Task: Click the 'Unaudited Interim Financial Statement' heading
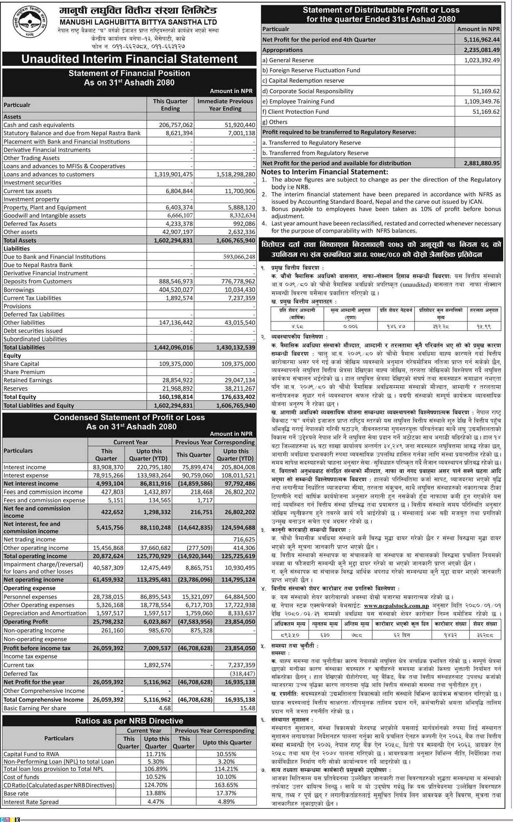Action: point(129,59)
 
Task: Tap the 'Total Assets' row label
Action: point(20,240)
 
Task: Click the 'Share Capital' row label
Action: point(21,364)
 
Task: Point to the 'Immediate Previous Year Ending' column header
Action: point(225,105)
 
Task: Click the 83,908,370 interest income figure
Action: point(108,467)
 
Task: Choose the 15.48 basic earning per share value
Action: point(247,708)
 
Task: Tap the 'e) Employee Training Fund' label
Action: point(298,101)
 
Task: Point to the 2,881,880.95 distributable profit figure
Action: point(481,163)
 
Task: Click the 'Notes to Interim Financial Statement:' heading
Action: point(324,172)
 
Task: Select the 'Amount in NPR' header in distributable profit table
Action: point(478,29)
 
